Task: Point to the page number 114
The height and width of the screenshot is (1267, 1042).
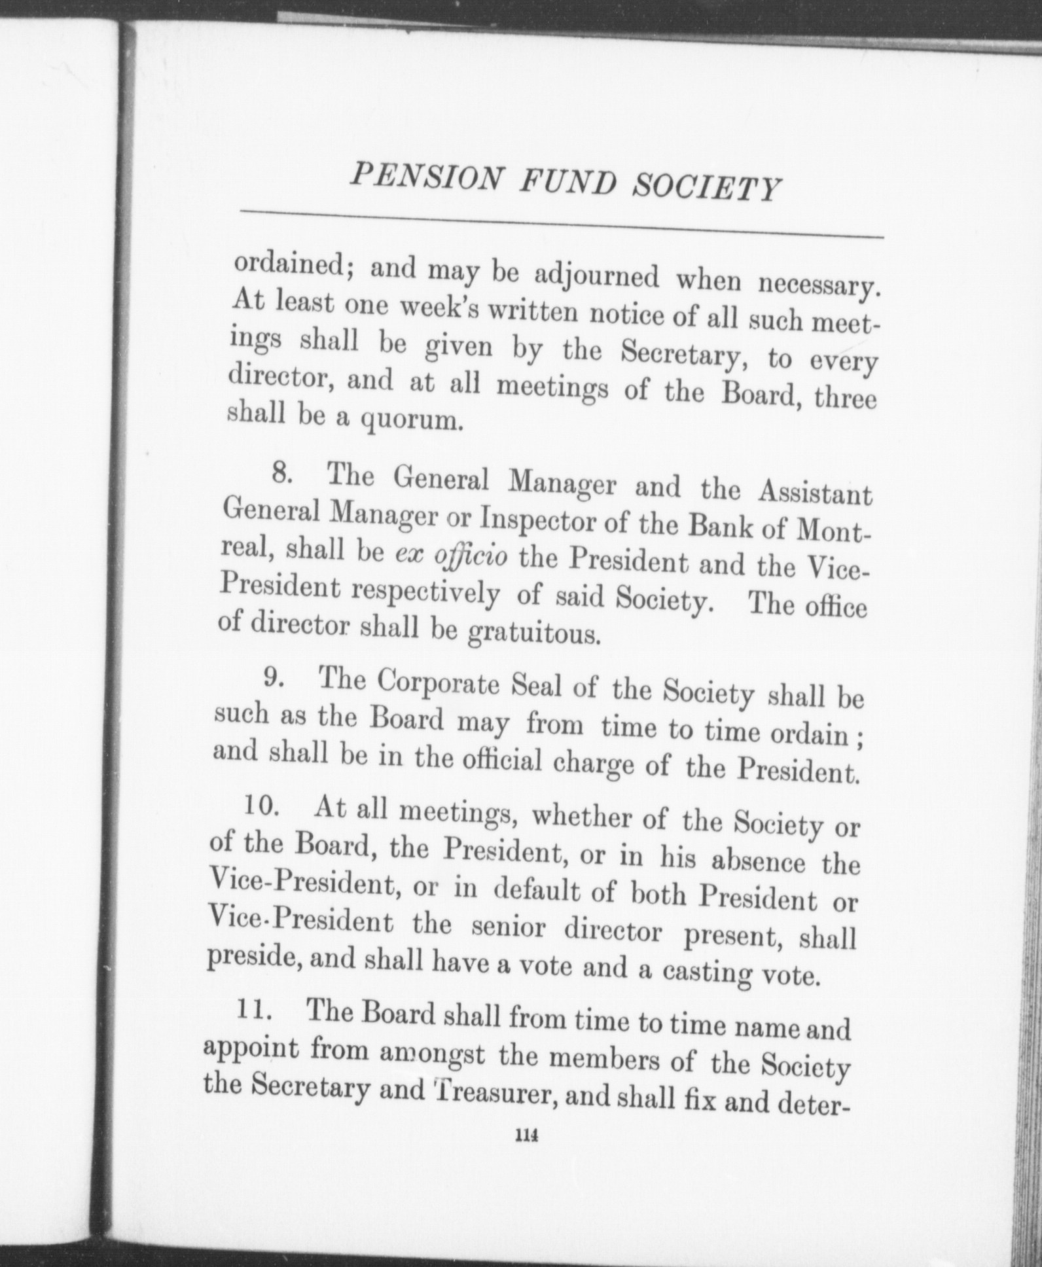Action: pos(526,1137)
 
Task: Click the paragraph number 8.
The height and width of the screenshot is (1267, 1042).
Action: pos(281,473)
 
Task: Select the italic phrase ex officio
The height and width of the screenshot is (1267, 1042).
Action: pos(451,556)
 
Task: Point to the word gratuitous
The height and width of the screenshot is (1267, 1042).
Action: pos(534,634)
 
